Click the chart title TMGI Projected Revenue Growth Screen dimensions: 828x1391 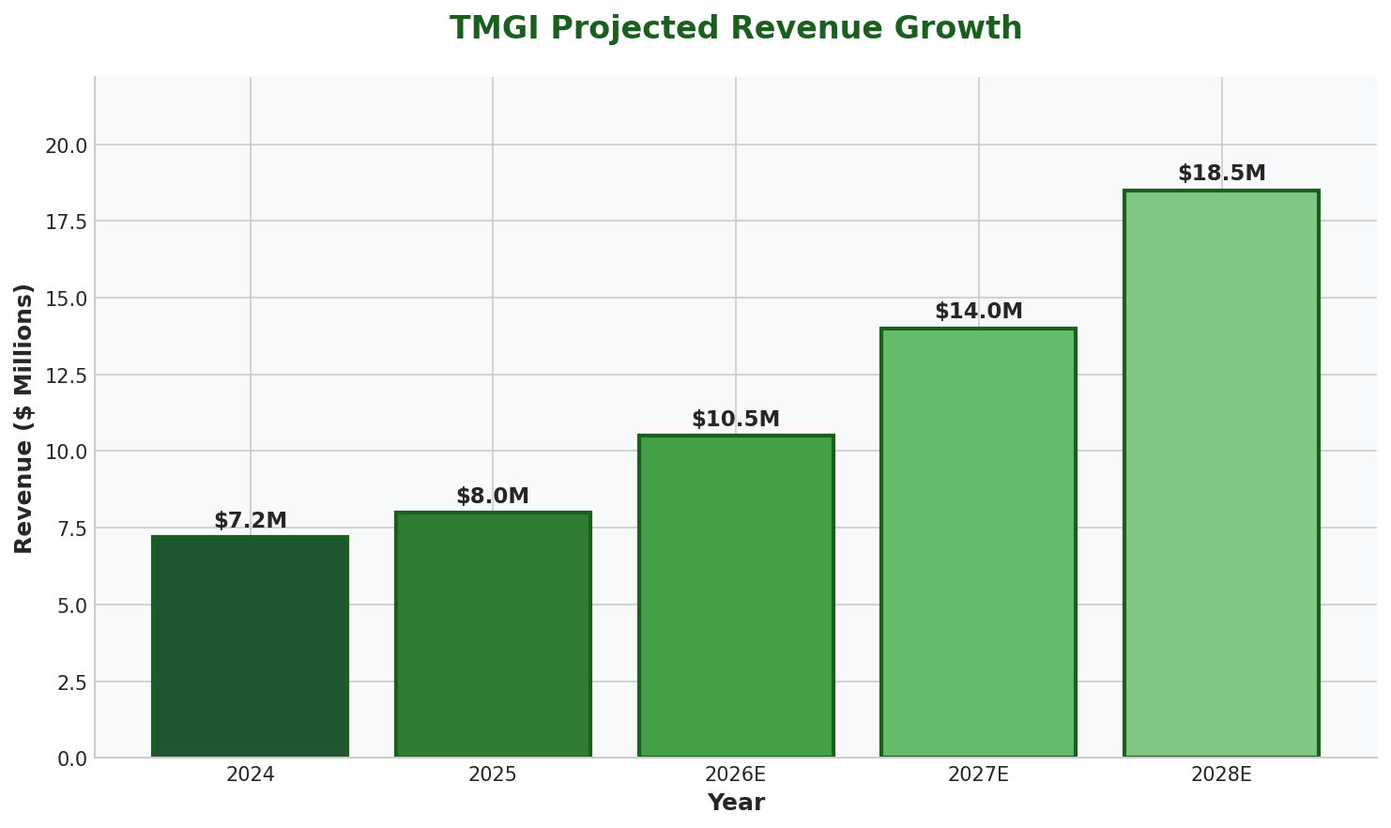(735, 28)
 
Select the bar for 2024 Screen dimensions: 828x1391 (251, 647)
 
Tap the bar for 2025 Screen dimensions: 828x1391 (493, 635)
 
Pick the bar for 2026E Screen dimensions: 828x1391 (736, 596)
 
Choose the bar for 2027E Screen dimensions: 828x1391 (978, 543)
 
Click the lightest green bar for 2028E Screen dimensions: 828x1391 (1221, 474)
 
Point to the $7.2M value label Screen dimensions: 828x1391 (251, 521)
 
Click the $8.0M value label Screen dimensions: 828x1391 (493, 497)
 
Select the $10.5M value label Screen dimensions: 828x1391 (736, 420)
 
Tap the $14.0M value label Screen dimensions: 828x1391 (978, 312)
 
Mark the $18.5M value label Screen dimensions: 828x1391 (1221, 174)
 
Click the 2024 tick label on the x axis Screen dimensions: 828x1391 (251, 774)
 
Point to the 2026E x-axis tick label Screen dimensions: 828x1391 (736, 774)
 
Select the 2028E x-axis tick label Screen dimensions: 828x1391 (1221, 774)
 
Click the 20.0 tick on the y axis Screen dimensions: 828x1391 (67, 146)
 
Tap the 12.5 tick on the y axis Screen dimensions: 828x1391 (67, 376)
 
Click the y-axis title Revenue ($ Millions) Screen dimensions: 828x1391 (24, 418)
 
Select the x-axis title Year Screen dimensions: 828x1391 (736, 804)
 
